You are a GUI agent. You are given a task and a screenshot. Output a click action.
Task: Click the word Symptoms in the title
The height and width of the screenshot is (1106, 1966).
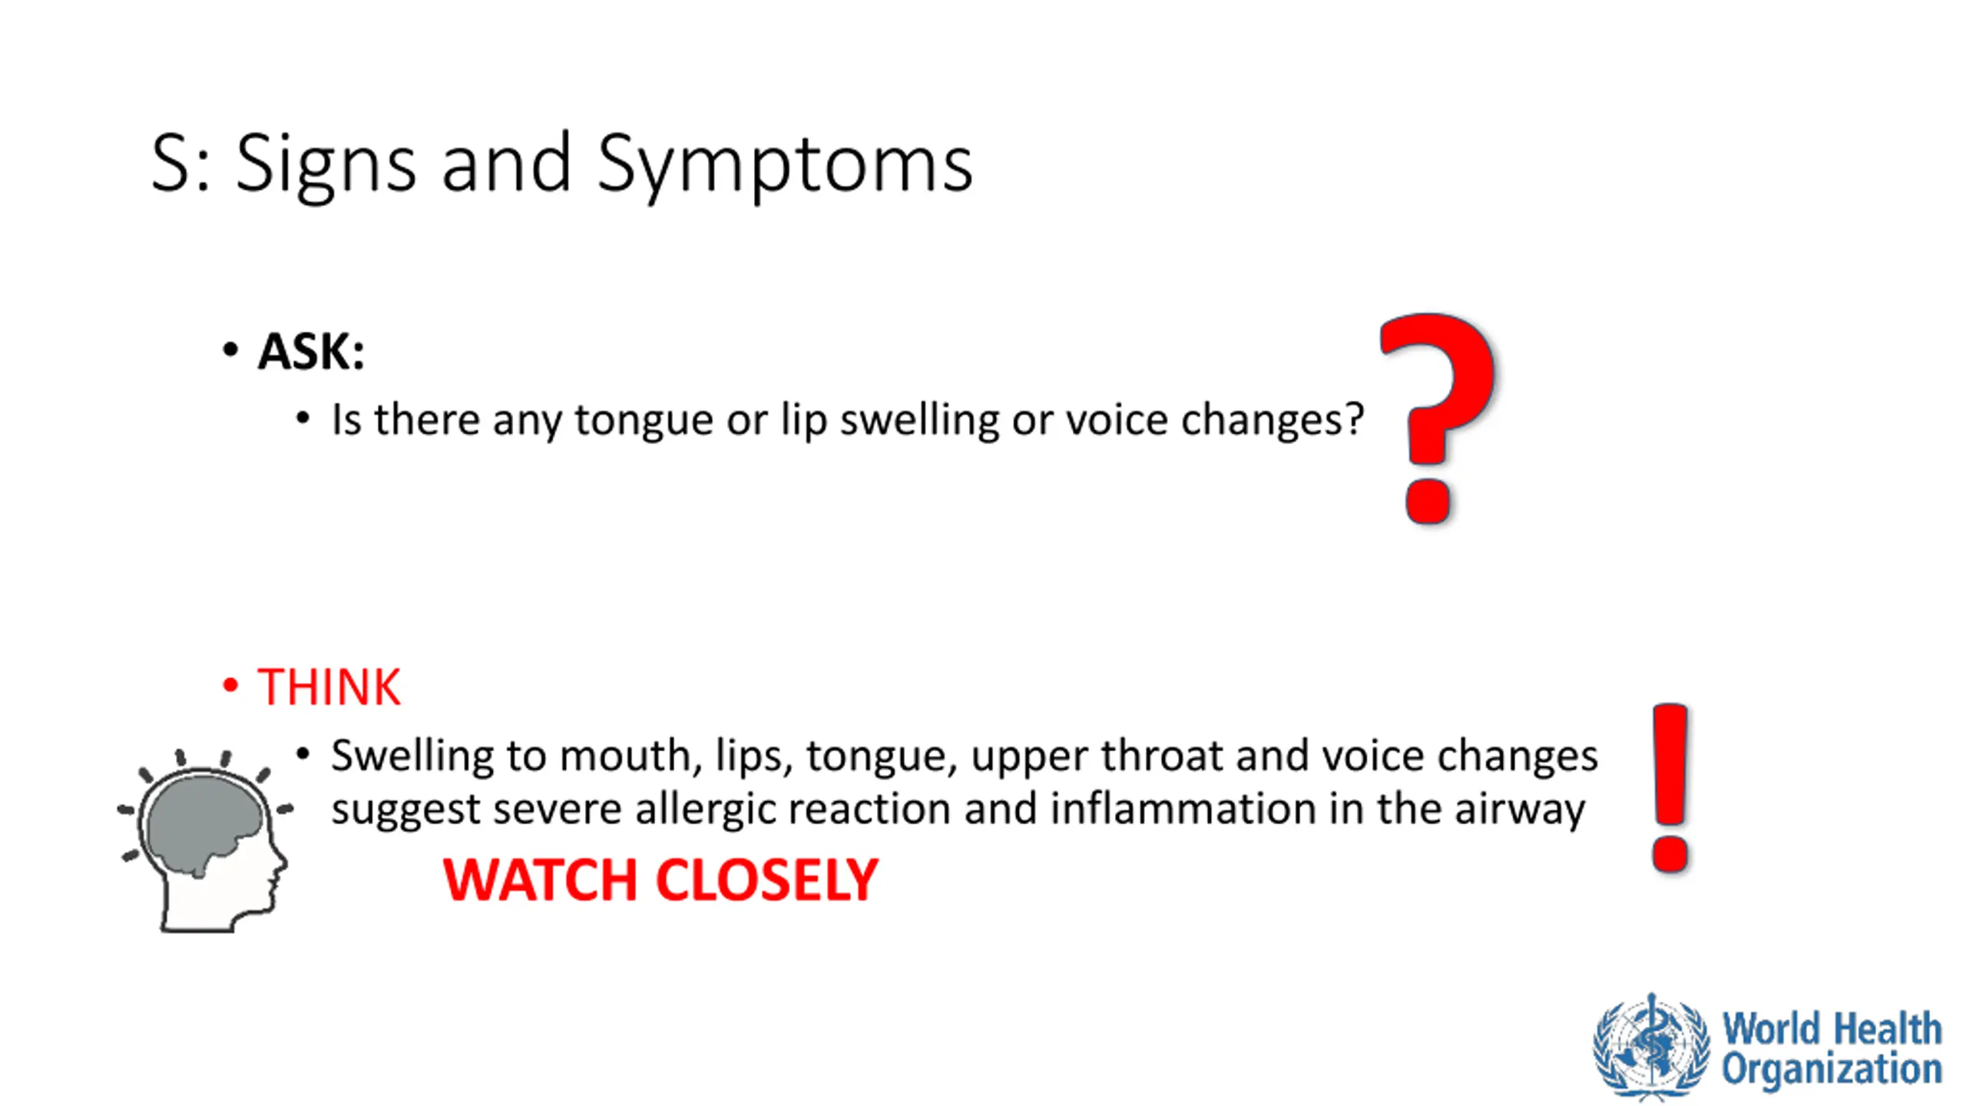tap(785, 165)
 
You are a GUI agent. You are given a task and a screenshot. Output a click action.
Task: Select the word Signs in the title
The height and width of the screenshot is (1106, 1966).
tap(326, 165)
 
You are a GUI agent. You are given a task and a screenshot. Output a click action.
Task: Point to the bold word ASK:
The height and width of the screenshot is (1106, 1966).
tap(311, 352)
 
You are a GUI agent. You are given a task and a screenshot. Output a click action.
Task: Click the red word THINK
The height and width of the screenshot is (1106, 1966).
tap(329, 687)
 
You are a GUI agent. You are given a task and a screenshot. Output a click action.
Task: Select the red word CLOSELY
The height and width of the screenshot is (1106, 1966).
tap(767, 880)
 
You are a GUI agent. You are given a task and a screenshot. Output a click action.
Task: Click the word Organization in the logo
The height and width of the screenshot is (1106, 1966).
tap(1832, 1069)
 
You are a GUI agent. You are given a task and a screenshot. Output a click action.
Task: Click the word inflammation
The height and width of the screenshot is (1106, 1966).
tap(1183, 810)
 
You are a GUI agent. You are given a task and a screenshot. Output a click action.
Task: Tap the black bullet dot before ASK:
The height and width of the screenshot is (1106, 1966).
tap(230, 350)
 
